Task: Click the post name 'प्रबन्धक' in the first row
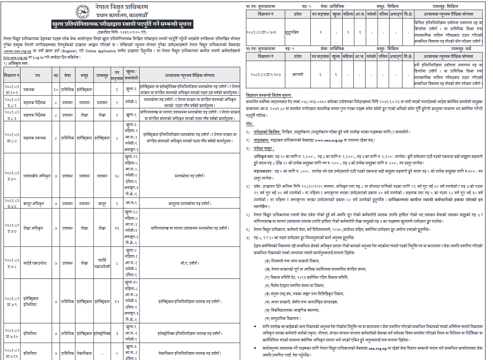tap(29, 90)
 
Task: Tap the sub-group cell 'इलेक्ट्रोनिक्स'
tap(102, 334)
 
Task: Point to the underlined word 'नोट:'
tap(250, 123)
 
